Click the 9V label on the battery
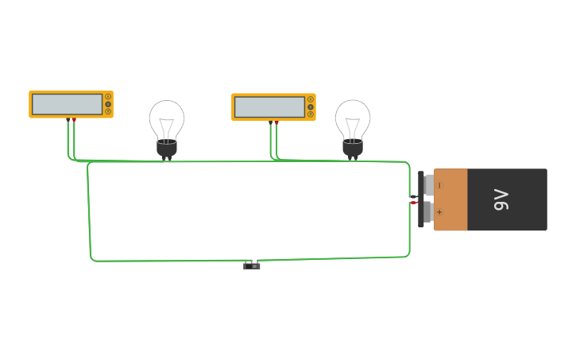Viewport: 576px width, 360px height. tap(501, 199)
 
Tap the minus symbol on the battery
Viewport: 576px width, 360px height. tap(439, 185)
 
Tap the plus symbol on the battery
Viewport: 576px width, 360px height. tap(439, 212)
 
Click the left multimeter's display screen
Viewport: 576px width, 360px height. tap(68, 104)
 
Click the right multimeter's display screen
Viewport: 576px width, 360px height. tap(270, 106)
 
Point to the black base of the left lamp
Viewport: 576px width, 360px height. tap(167, 147)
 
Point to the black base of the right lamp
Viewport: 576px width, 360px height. tap(353, 147)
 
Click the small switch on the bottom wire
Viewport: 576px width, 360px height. tap(252, 266)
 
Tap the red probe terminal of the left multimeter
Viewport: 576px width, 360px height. tap(75, 120)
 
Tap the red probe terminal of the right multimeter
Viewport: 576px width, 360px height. tap(276, 123)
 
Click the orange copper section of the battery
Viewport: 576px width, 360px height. tap(450, 199)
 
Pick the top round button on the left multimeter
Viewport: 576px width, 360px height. tap(108, 96)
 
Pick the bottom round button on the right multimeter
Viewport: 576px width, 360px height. tap(311, 114)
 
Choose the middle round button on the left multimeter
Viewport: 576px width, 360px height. tap(108, 104)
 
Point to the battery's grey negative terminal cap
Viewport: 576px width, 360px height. tap(429, 185)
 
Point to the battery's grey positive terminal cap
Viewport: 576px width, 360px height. tap(428, 212)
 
